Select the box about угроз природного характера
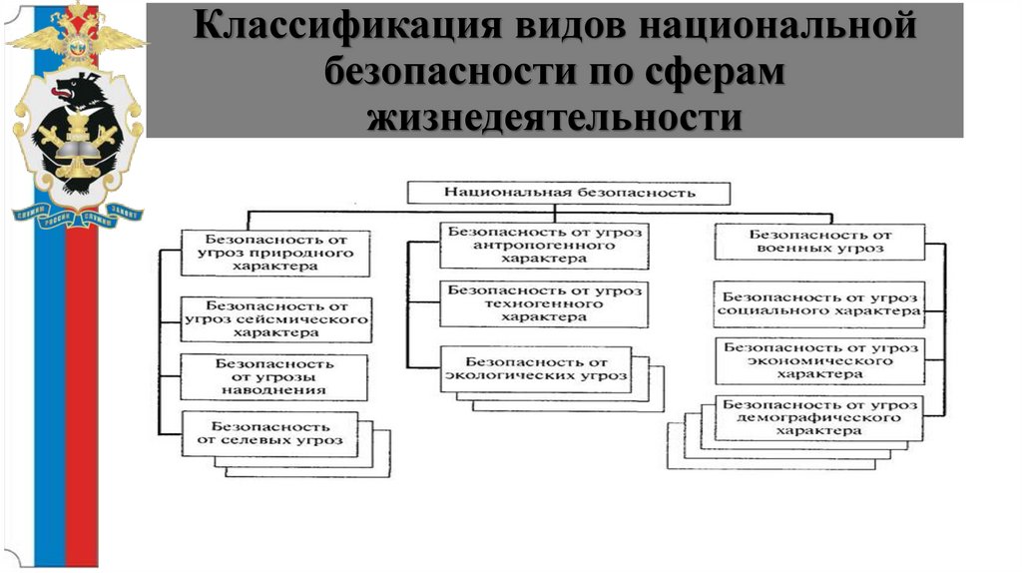[x=275, y=254]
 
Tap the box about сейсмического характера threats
[x=275, y=319]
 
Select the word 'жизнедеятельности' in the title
[x=555, y=117]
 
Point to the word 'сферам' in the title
[x=716, y=73]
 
